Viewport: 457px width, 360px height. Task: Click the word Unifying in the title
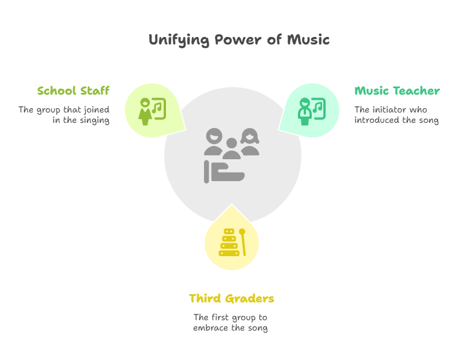click(179, 40)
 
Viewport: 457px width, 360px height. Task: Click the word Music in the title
click(308, 39)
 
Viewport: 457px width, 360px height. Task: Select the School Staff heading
click(73, 91)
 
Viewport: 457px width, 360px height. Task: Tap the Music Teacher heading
click(397, 91)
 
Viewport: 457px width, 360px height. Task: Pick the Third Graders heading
click(232, 298)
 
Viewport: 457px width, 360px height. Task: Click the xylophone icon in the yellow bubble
click(229, 242)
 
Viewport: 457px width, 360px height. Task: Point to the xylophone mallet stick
click(243, 242)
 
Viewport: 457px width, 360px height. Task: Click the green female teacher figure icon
click(145, 112)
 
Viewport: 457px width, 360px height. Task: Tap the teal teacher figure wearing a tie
click(304, 112)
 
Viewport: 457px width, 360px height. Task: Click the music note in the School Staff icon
click(157, 108)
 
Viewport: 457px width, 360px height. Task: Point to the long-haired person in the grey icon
click(250, 141)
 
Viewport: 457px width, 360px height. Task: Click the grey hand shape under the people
click(224, 172)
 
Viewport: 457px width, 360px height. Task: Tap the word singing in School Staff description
click(95, 121)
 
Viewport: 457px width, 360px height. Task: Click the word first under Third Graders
click(220, 317)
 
